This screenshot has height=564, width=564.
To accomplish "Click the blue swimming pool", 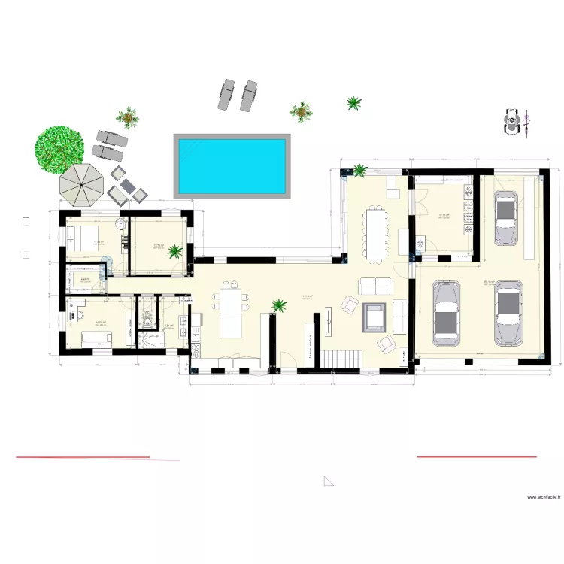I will coord(232,165).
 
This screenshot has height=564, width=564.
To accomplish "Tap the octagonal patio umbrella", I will coord(80,183).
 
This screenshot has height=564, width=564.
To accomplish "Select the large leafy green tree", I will coord(59,148).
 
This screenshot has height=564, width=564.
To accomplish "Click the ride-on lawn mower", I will coord(514,122).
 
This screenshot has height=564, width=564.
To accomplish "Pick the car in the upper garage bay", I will coord(505,217).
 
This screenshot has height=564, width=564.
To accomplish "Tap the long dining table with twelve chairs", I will coord(374,233).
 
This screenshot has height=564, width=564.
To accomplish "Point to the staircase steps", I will coord(343,359).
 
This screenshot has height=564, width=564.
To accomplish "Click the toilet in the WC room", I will coord(148,315).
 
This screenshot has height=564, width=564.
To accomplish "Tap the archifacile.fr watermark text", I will coord(543,497).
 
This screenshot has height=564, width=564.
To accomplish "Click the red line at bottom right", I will coord(477,456).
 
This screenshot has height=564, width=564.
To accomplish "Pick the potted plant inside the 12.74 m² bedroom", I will coord(174,250).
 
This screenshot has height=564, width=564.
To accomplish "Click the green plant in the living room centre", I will coord(279,305).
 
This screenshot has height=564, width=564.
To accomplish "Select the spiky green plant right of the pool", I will coord(353,103).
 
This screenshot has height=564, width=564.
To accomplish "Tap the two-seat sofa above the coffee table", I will coord(374,286).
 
